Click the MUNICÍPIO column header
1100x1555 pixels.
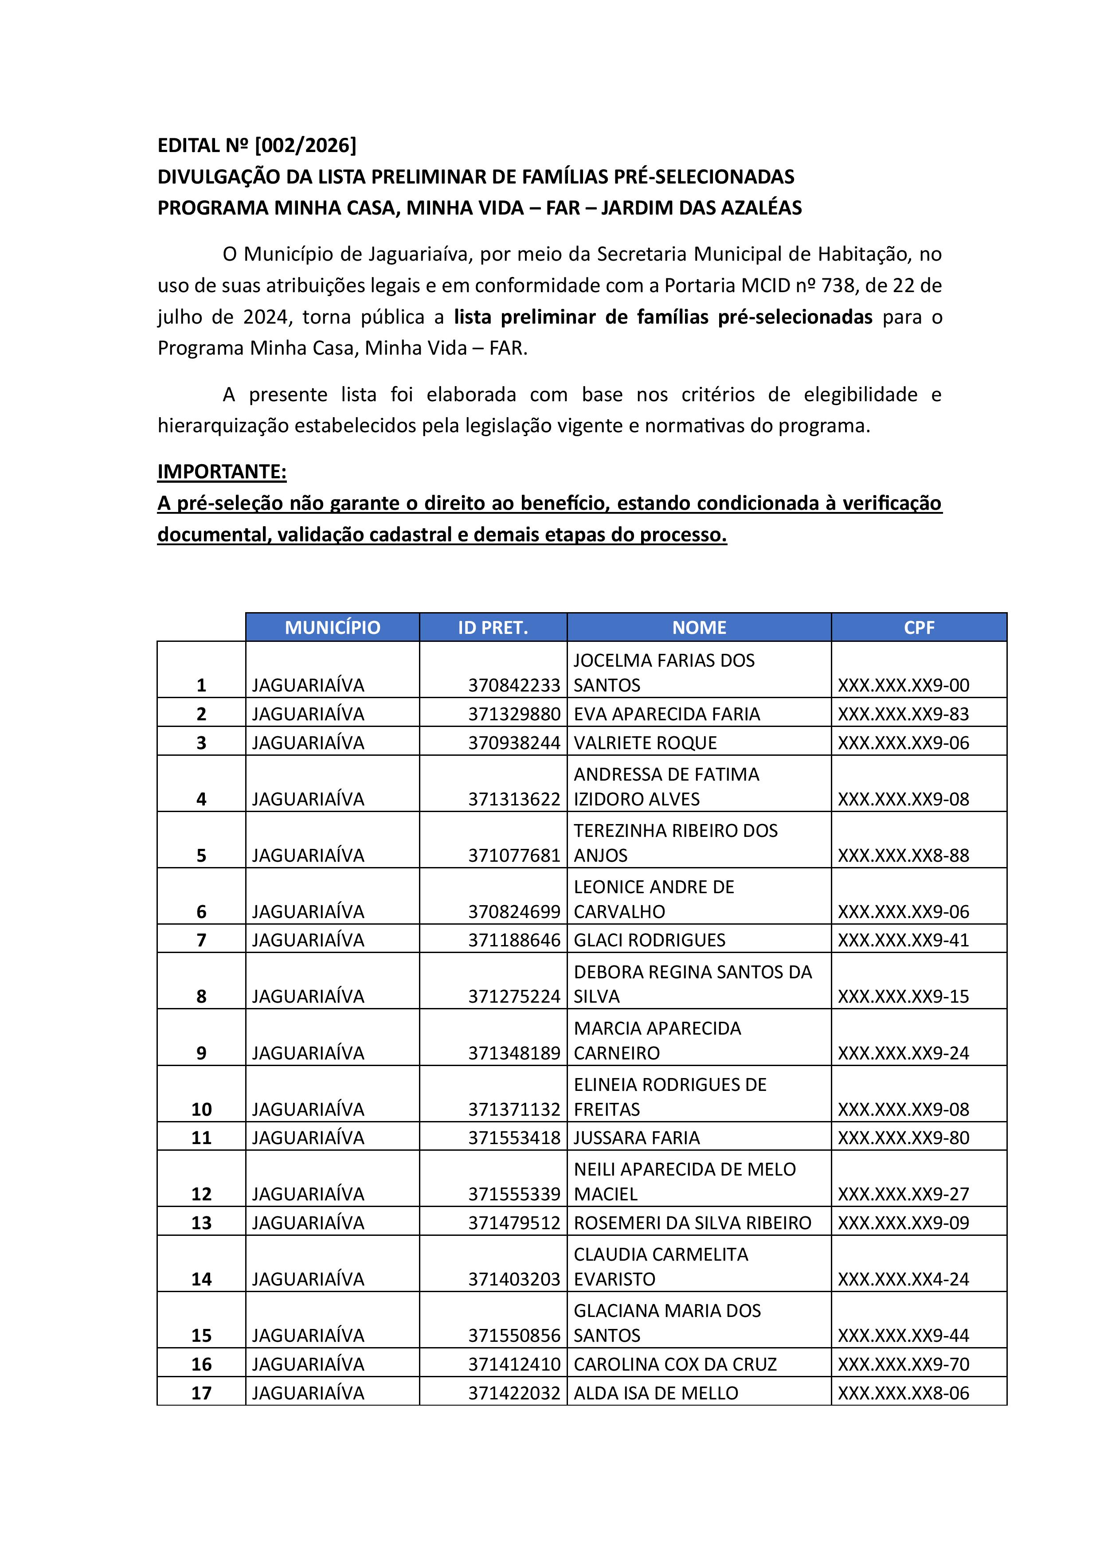(x=332, y=627)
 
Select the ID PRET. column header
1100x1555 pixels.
(x=493, y=627)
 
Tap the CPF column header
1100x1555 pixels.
(x=919, y=627)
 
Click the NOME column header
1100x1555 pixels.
(x=699, y=627)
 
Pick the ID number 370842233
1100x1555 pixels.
(x=514, y=685)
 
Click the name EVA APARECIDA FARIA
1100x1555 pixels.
(x=666, y=714)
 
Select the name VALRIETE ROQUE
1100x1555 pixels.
(x=645, y=743)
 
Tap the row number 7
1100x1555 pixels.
(x=201, y=940)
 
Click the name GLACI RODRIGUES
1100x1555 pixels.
(x=649, y=940)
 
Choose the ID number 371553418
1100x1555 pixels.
(x=514, y=1138)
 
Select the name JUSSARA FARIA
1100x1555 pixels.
(x=636, y=1138)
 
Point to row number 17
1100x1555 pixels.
(x=201, y=1393)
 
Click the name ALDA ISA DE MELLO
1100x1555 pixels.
(x=656, y=1393)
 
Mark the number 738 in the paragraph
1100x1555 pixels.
(x=837, y=285)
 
